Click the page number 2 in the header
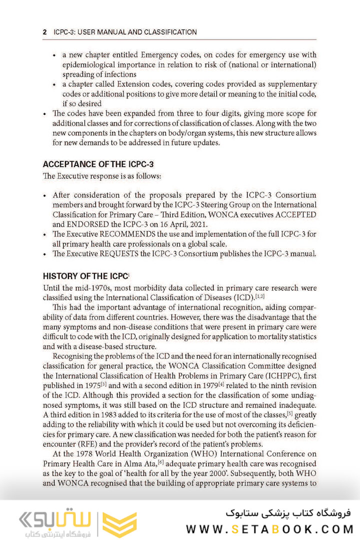(45, 32)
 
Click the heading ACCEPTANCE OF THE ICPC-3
(98, 164)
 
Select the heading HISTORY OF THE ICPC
(85, 276)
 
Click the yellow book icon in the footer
(119, 524)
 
